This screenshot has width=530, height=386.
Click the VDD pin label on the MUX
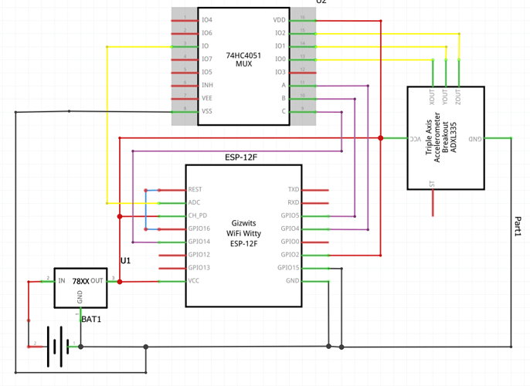click(x=280, y=20)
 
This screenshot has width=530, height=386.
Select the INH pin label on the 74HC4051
click(x=207, y=85)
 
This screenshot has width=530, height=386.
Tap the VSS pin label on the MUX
click(x=207, y=111)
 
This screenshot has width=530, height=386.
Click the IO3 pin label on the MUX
click(x=280, y=72)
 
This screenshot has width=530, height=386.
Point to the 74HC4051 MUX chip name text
click(x=243, y=59)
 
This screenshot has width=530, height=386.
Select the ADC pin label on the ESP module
click(x=195, y=202)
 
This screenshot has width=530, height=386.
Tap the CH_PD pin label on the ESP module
click(x=198, y=215)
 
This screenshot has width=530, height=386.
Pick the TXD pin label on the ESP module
click(x=294, y=189)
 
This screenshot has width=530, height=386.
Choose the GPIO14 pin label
click(x=199, y=242)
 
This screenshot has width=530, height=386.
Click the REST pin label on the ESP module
click(x=195, y=189)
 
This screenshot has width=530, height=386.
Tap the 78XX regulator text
click(x=81, y=282)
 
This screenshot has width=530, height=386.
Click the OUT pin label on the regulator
click(x=97, y=281)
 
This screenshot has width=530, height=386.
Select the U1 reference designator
click(x=125, y=261)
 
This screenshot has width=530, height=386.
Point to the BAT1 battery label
click(x=92, y=318)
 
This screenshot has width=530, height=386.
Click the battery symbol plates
click(x=55, y=347)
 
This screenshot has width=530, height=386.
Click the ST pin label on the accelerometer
click(x=432, y=182)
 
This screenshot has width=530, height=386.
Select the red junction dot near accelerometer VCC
click(x=381, y=138)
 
